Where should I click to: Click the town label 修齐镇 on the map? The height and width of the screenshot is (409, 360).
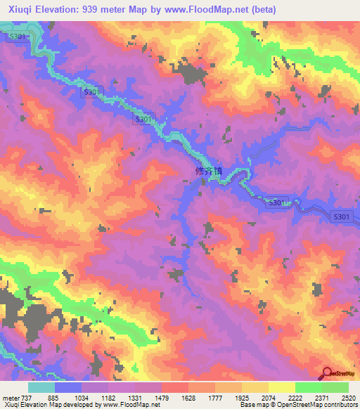pyautogui.click(x=206, y=171)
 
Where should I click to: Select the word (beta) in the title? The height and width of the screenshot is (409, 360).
pyautogui.click(x=260, y=10)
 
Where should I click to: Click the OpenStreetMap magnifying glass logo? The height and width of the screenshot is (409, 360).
pyautogui.click(x=328, y=374)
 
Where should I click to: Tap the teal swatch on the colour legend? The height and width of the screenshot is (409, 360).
pyautogui.click(x=41, y=387)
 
